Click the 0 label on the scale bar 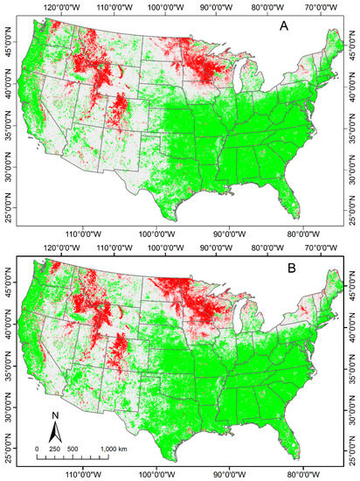38,449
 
